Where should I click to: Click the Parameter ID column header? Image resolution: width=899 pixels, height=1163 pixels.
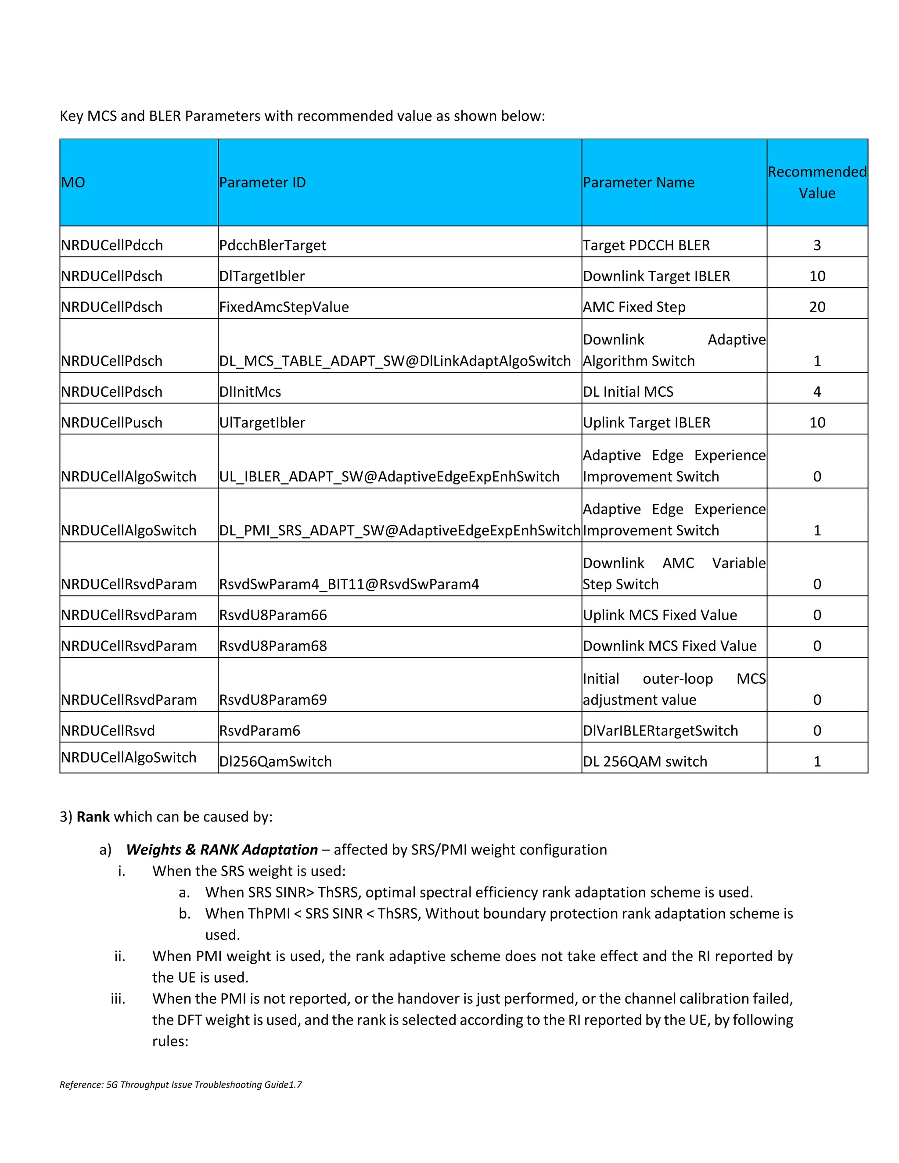tap(263, 183)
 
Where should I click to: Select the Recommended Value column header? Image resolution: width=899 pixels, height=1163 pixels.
tap(817, 183)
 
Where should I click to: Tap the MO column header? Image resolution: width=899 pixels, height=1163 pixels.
tap(73, 183)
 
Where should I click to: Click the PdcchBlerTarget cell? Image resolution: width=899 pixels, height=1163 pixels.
tap(273, 245)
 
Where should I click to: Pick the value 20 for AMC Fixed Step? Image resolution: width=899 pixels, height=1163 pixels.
tap(817, 307)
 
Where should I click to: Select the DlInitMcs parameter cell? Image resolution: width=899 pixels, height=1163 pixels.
tap(250, 391)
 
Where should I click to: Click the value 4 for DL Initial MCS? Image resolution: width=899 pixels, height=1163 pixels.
tap(817, 391)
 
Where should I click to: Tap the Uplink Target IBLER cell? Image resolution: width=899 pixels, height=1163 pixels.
tap(647, 422)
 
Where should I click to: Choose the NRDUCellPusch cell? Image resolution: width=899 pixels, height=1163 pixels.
tap(112, 422)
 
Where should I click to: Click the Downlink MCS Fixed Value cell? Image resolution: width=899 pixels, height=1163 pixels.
tap(669, 646)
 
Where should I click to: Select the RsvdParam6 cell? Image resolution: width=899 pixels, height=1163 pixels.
tap(260, 731)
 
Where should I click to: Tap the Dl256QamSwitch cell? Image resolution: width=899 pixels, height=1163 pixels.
tap(275, 761)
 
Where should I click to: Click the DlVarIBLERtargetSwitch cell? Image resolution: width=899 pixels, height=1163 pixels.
tap(660, 731)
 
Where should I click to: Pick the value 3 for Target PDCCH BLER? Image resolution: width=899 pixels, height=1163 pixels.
tap(817, 245)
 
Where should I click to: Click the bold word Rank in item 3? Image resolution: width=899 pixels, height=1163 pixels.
tap(93, 817)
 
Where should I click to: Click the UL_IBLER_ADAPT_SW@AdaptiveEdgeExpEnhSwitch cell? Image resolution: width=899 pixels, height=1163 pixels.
tap(389, 477)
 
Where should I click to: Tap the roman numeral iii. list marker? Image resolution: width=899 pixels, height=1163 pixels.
tap(118, 998)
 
